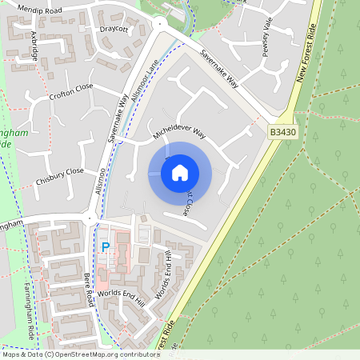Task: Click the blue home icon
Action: pos(180,172)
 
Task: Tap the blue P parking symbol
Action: pos(104,248)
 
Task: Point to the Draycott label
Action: pos(115,29)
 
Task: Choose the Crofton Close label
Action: pos(70,90)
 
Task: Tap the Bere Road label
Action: pos(90,289)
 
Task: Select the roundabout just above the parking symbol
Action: pos(91,217)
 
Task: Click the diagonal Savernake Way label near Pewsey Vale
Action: pos(219,70)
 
